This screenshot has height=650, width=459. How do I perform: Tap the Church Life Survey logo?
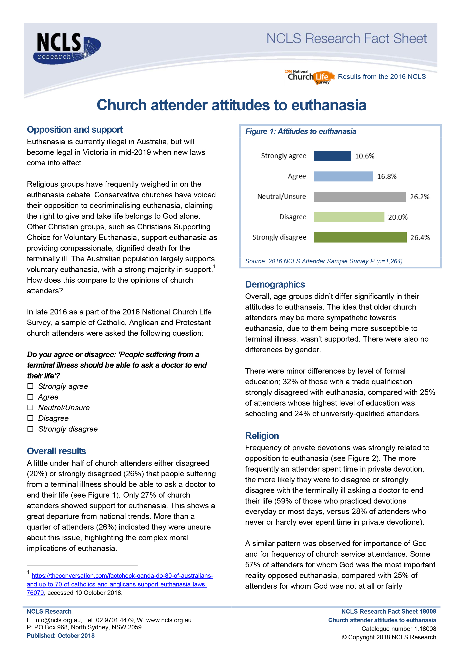(309, 77)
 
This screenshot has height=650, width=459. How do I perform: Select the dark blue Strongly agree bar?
(332, 156)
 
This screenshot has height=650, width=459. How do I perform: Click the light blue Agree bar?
(343, 176)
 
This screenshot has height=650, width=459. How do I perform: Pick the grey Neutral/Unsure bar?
(360, 197)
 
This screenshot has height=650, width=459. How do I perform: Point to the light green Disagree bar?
(349, 217)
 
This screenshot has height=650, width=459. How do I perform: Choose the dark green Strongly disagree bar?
(360, 238)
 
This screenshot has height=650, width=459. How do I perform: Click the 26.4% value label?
(420, 238)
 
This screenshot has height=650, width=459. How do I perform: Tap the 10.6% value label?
(364, 156)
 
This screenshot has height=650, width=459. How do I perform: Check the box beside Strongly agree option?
(30, 386)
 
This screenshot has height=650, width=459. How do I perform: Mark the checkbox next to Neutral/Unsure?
(30, 407)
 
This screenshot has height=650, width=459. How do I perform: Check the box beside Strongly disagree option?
(30, 429)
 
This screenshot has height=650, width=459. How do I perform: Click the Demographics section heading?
(275, 284)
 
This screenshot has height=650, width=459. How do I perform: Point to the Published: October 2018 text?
(61, 636)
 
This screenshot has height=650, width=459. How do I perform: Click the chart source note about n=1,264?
(324, 261)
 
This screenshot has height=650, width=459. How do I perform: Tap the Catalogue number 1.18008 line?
(398, 628)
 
